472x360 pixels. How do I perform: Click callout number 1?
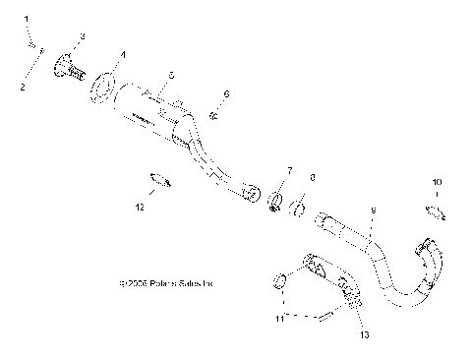tap(28, 20)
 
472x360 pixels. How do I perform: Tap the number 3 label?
tap(83, 36)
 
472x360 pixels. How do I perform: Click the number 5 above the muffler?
tap(170, 75)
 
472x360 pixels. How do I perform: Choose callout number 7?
tap(289, 171)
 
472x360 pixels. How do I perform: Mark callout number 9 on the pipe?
tap(373, 210)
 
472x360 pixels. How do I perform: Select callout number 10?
tap(438, 182)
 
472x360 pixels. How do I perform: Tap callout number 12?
tap(140, 208)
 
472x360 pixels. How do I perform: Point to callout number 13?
tap(363, 335)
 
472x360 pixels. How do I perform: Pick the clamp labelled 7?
tap(277, 204)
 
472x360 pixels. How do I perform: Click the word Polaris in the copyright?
tap(160, 284)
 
